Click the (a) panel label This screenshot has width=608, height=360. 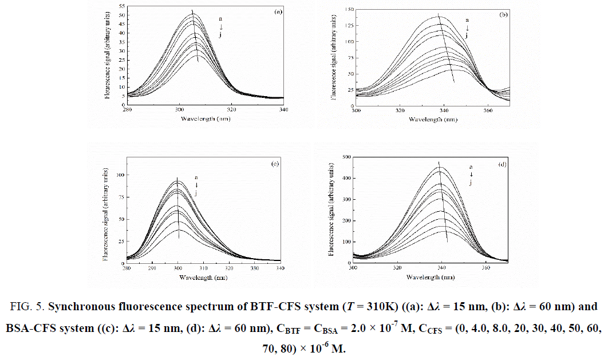pos(277,11)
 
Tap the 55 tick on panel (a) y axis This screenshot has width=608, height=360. pos(121,6)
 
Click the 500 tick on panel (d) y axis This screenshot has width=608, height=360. pos(345,156)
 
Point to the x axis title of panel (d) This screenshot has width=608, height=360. pos(427,278)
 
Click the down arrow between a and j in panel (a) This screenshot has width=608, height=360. pos(220,27)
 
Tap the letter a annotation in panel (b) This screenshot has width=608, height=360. pos(467,20)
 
